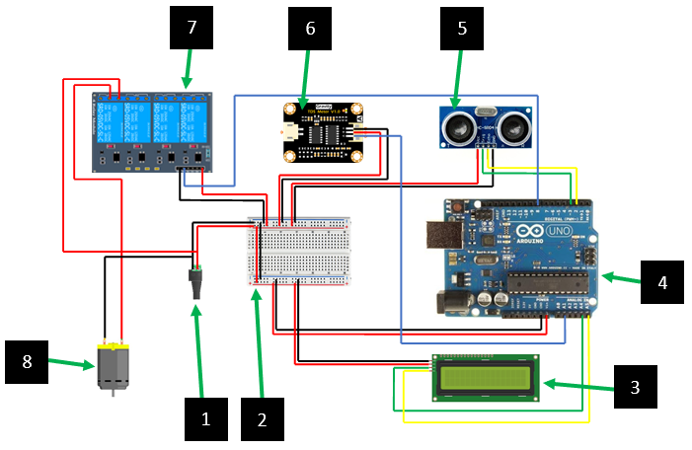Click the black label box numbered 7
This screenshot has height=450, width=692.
[192, 29]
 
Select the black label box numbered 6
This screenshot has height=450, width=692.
[310, 29]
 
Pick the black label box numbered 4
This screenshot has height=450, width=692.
[662, 281]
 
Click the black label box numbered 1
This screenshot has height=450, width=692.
[206, 418]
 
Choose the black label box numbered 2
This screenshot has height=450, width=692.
[262, 418]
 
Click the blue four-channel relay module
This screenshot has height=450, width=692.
[154, 130]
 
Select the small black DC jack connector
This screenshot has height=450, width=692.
[196, 283]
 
